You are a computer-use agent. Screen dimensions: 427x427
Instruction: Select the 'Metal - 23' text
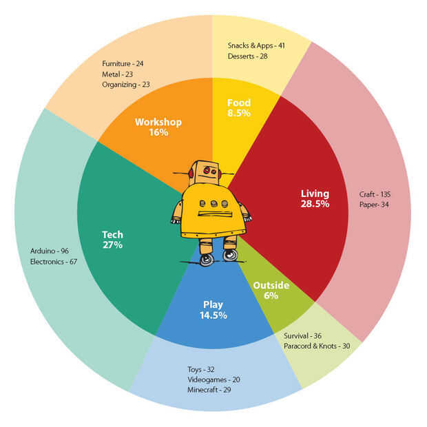coord(118,73)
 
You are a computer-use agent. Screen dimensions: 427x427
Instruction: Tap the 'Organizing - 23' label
coord(125,85)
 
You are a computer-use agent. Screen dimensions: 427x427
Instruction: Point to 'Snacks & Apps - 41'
coord(256,45)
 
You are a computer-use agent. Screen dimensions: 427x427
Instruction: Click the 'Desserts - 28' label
coord(247,56)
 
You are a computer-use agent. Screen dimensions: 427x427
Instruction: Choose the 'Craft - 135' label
coord(375,194)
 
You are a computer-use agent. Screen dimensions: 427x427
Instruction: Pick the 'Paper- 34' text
coord(374,205)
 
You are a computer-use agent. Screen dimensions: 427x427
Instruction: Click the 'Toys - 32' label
coord(201,368)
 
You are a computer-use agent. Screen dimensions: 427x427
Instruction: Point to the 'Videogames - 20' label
coord(213,379)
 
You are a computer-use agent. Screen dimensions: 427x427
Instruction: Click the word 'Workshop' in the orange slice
coord(158,122)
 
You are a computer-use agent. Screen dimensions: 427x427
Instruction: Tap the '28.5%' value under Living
coord(315,204)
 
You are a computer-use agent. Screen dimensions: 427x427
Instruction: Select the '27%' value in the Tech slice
coord(112,244)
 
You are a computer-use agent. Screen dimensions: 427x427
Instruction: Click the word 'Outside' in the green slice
coord(271,285)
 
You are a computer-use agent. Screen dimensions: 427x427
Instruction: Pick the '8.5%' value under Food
coord(238,112)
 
